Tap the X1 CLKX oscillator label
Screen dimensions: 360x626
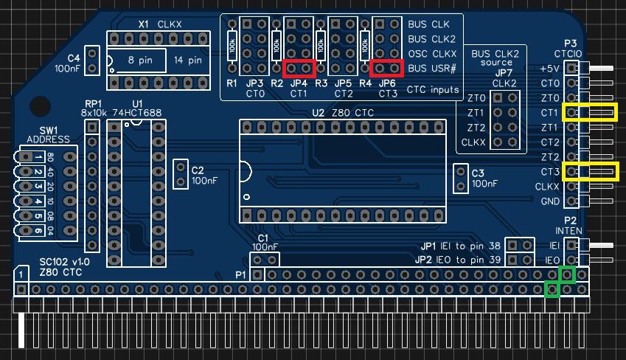160,24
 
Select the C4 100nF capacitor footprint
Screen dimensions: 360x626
91,61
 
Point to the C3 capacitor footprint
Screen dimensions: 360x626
460,178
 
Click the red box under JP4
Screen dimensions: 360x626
299,69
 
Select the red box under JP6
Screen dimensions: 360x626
387,69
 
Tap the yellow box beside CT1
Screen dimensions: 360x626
590,112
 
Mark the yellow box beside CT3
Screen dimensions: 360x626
590,172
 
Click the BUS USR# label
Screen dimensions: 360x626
432,69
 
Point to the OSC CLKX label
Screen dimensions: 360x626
432,54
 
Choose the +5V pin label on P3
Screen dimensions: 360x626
549,69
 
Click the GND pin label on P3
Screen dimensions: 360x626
550,201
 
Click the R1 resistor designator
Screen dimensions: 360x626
232,83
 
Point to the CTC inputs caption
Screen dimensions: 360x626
433,90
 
